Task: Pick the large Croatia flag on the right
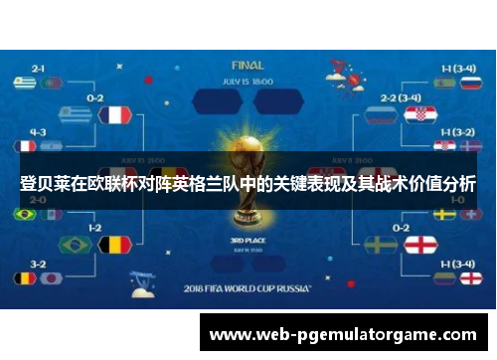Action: [419, 115]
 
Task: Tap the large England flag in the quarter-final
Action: [419, 245]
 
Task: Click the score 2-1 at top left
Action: [39, 69]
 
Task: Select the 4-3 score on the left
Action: [39, 131]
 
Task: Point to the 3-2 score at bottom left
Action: [39, 265]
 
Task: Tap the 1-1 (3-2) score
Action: [456, 131]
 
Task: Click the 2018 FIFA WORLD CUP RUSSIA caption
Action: [248, 289]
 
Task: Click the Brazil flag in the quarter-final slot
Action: [75, 245]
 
